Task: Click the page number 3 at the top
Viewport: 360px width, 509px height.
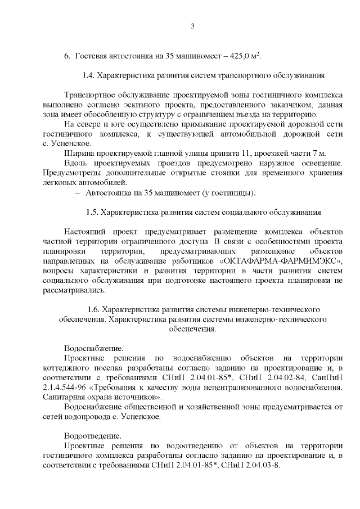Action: point(192,26)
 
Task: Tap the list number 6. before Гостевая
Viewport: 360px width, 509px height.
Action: point(66,56)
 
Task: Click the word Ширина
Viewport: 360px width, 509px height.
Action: point(78,153)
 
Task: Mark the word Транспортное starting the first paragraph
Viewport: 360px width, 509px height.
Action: point(92,94)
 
